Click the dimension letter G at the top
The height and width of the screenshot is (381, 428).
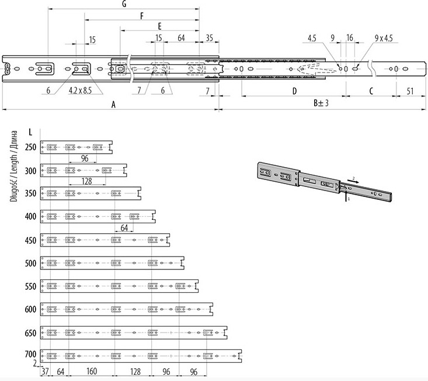tap(124, 4)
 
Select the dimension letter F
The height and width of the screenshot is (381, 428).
tap(142, 16)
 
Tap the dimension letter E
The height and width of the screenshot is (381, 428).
tap(159, 26)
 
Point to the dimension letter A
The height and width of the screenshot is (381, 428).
tap(113, 105)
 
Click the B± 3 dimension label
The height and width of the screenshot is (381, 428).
tap(321, 103)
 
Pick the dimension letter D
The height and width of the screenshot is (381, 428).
tap(294, 91)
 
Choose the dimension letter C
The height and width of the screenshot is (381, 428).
tap(371, 91)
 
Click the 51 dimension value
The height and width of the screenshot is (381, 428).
tap(410, 91)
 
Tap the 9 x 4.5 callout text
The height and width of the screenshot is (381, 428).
tap(384, 38)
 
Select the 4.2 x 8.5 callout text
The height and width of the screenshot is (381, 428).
tap(80, 90)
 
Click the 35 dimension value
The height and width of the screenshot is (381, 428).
tap(209, 38)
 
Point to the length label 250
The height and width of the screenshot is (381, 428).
tap(30, 147)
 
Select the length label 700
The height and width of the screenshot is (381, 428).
tap(30, 354)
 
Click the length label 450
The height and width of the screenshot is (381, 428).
tap(30, 241)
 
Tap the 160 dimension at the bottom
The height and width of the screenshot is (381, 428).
tap(92, 371)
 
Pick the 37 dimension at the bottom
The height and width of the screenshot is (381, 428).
tap(45, 372)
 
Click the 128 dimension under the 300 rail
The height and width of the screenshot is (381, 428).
tap(86, 181)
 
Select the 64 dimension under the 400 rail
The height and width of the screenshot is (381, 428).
tap(124, 227)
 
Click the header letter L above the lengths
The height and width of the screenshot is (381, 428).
tap(30, 132)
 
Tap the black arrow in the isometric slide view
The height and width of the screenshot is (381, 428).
tap(353, 181)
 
